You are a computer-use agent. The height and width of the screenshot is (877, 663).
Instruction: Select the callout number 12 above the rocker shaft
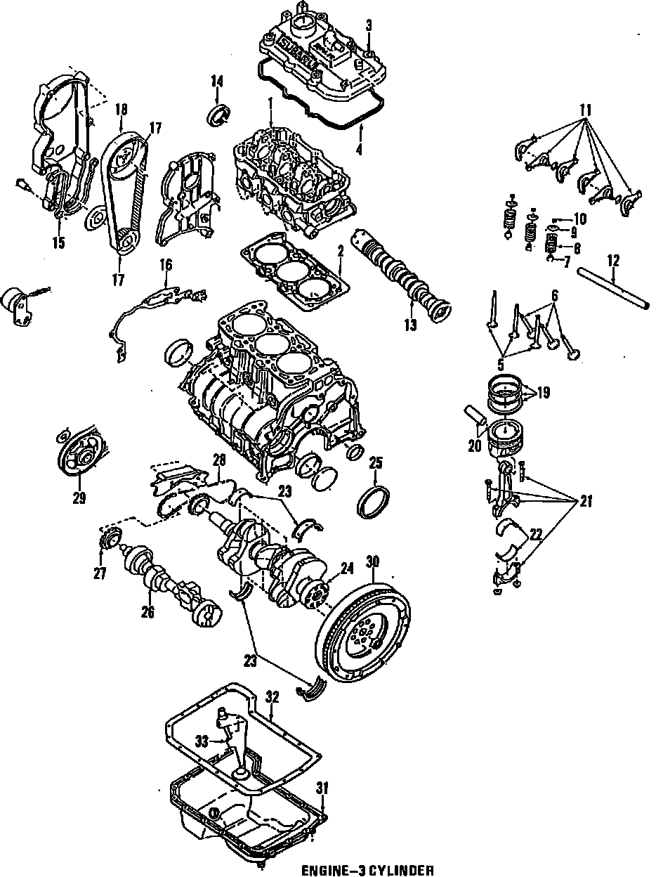tap(612, 261)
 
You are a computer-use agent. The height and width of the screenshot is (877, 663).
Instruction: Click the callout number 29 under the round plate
tap(79, 498)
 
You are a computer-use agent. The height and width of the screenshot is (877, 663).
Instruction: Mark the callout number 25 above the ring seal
tap(376, 462)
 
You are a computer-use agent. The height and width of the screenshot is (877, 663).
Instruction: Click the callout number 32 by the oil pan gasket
tap(273, 698)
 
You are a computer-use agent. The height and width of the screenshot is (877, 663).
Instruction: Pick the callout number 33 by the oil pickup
tap(202, 740)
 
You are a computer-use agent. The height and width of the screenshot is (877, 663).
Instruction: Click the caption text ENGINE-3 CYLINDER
tap(367, 871)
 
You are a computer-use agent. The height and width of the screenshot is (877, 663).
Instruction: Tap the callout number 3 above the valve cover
tap(369, 25)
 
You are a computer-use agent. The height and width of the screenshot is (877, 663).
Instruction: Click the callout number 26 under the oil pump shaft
tap(147, 611)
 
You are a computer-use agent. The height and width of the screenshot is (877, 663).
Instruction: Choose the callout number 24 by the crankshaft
tap(346, 568)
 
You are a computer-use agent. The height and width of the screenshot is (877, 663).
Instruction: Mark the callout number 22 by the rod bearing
tap(535, 535)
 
